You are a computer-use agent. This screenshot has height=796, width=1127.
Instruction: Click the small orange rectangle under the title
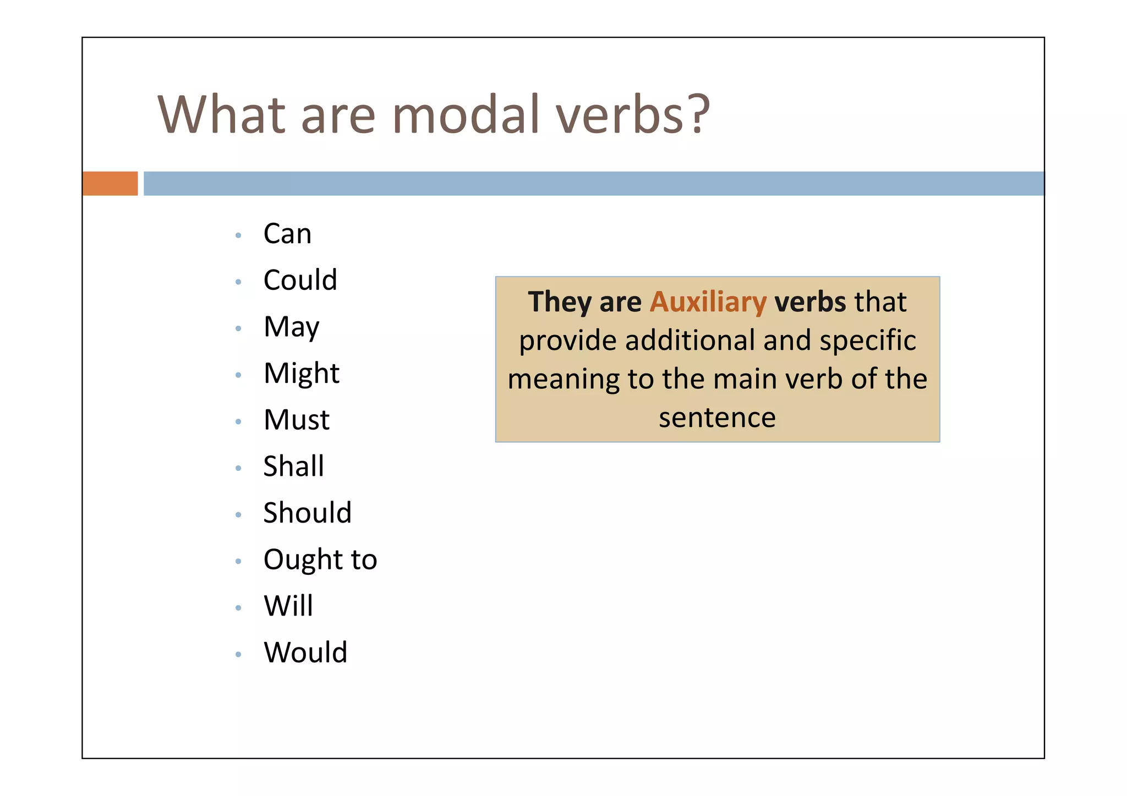tap(110, 184)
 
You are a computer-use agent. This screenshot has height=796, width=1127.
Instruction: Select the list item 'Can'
tap(287, 234)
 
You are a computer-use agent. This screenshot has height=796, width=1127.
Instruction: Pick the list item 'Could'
tap(300, 280)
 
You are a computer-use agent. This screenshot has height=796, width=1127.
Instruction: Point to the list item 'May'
tap(291, 327)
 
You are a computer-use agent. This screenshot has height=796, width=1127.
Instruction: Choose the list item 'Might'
tap(302, 374)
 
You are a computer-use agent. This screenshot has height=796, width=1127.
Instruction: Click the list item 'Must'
tap(297, 420)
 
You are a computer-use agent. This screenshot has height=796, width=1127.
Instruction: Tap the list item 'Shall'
tap(293, 466)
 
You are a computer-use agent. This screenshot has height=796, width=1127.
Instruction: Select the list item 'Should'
tap(307, 513)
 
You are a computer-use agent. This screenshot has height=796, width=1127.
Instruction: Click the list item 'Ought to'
tap(320, 560)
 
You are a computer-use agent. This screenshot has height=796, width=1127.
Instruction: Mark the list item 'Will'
tap(288, 606)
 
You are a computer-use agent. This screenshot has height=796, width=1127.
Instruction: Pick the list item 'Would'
tap(305, 653)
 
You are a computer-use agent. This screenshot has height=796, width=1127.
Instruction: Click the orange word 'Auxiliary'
tap(708, 302)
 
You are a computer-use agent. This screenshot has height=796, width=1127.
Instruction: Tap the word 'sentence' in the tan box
tap(717, 418)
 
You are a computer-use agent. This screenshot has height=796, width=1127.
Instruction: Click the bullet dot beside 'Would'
tap(238, 655)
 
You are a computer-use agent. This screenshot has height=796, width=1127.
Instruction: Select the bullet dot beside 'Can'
tap(238, 235)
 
